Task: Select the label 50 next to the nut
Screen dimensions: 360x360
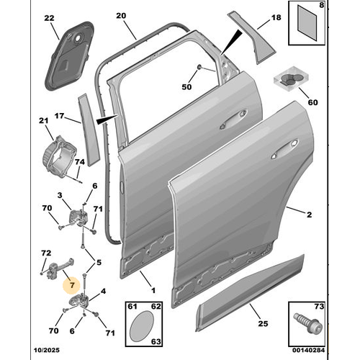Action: [187, 87]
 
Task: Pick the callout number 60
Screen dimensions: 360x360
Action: [312, 103]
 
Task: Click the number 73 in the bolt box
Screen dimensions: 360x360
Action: [320, 307]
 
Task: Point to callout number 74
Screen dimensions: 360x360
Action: [79, 164]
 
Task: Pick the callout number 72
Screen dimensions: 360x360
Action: [45, 254]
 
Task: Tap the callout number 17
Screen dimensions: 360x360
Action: [60, 114]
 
